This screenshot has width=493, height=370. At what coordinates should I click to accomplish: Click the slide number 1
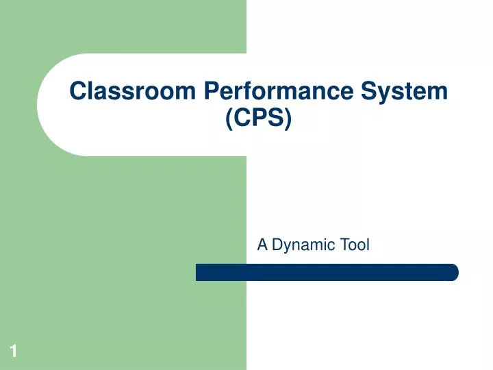coord(12,352)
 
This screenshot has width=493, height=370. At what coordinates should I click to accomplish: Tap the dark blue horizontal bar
coord(327,272)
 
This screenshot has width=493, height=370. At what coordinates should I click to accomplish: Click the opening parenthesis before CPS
coord(229,119)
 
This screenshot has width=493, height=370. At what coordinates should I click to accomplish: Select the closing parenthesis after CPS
coord(288,119)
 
